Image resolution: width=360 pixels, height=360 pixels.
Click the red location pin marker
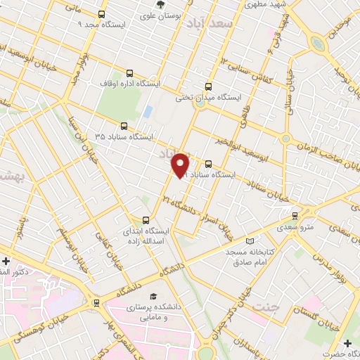181,164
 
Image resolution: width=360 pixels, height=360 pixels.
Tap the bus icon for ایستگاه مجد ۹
101,14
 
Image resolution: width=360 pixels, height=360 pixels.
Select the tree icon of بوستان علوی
161,4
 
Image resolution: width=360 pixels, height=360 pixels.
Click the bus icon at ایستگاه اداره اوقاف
129,72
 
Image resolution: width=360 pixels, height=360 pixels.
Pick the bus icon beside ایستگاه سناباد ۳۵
124,127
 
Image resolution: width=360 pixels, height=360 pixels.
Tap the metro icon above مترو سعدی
295,216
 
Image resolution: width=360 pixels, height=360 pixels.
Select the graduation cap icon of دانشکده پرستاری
153,296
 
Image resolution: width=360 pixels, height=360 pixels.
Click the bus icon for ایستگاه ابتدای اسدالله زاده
146,219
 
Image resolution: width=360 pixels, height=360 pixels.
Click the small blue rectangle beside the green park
148,111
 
